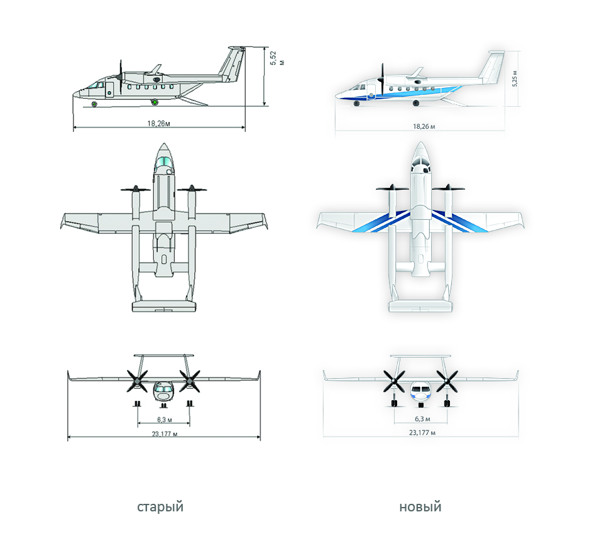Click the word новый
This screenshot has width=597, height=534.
(x=420, y=507)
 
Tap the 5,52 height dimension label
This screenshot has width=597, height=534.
(x=277, y=58)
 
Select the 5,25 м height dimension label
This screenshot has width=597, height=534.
(x=515, y=79)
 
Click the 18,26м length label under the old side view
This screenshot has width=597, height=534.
(x=159, y=123)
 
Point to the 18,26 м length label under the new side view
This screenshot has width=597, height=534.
(x=424, y=126)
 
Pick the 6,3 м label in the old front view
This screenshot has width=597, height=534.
(x=165, y=420)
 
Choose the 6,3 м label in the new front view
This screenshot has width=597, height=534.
(x=423, y=418)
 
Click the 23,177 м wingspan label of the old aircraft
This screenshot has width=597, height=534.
(x=165, y=433)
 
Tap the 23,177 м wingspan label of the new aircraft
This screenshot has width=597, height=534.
(x=422, y=432)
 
